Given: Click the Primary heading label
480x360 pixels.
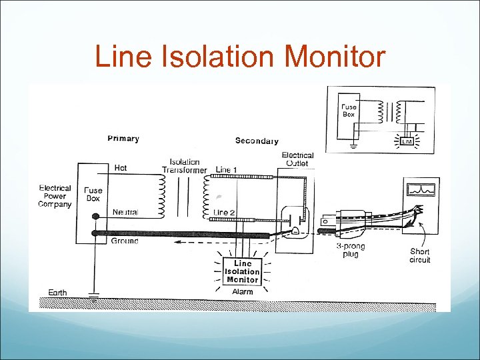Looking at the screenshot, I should coord(123,139).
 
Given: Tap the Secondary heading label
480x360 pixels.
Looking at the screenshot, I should coord(257,141).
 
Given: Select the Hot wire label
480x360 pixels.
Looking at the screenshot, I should coord(121,168).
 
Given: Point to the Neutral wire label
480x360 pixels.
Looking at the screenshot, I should coord(125,212).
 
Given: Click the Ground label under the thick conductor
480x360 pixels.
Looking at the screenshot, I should coord(125,241).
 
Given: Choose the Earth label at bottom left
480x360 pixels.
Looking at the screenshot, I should coord(57,293).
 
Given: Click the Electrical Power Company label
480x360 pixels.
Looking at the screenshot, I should coord(55,196).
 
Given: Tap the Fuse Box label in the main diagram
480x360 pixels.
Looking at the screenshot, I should coord(93,194).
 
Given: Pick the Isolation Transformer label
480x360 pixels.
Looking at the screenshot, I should coord(185,165).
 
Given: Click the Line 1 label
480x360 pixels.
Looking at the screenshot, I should coord(226,170).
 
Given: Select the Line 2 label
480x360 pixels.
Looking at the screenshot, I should coord(225,213).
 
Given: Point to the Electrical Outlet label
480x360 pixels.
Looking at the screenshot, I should coord(297,159).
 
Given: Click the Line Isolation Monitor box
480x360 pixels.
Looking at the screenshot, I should coord(242,271).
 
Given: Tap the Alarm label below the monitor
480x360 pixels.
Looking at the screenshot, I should coord(242,291).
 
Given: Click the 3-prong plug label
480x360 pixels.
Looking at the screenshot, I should coord(350,250).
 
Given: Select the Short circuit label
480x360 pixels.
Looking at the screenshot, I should coord(420,255).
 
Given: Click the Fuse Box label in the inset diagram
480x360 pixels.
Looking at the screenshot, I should coord(349,110).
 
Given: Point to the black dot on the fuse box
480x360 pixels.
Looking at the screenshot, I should coord(95,217).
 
